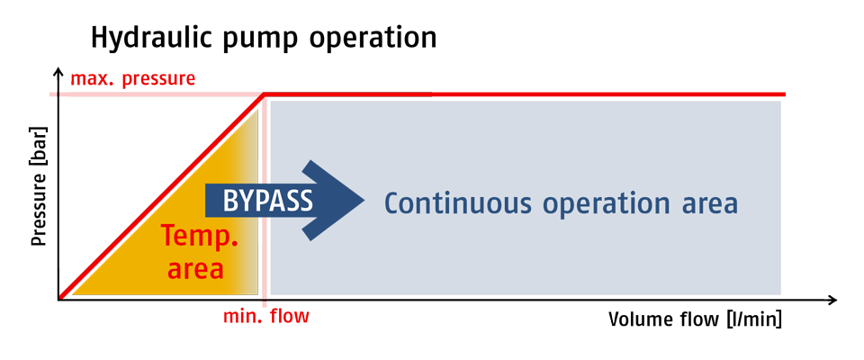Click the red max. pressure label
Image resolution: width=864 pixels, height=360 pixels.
133,79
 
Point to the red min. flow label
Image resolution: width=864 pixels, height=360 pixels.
266,317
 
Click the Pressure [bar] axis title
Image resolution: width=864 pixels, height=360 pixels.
39,187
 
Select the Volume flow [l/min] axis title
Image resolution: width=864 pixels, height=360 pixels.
696,319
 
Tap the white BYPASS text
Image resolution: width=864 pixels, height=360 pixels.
268,201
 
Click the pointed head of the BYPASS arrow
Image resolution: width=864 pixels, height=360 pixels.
364,200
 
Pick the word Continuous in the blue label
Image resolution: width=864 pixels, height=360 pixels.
458,202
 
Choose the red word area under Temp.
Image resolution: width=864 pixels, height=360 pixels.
195,270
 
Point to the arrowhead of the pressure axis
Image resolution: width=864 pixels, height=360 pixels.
58,70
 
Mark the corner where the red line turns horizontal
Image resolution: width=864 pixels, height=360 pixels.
265,94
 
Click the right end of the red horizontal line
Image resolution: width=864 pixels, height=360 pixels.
785,94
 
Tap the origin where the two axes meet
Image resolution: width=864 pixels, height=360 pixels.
58,300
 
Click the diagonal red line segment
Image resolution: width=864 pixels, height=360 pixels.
161,197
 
